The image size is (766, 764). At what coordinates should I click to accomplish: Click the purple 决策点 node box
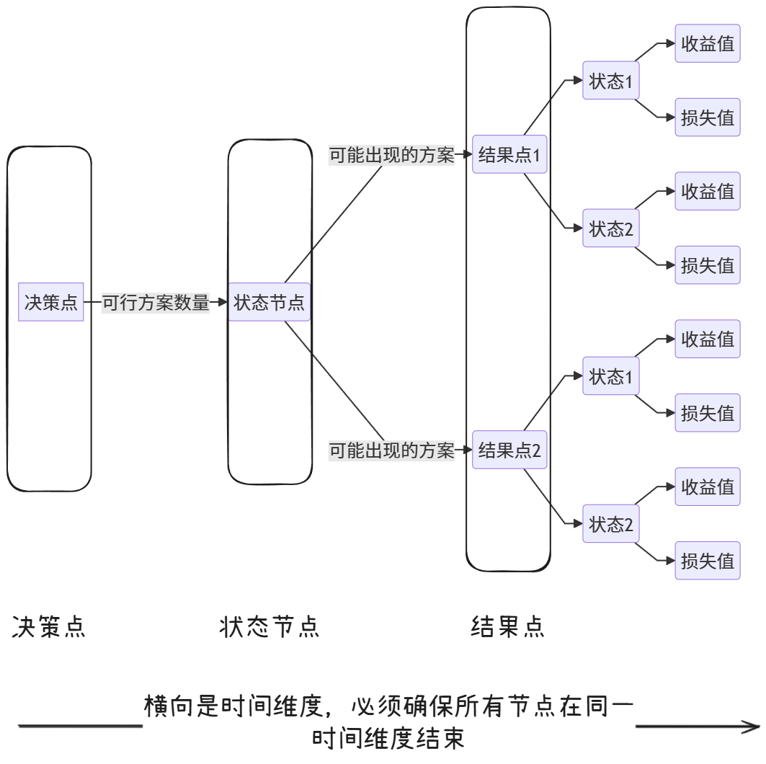pyautogui.click(x=50, y=303)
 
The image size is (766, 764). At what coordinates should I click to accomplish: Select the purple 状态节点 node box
pyautogui.click(x=270, y=303)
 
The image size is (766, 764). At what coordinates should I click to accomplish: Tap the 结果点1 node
pyautogui.click(x=509, y=154)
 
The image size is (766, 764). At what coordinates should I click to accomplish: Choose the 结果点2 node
pyautogui.click(x=509, y=450)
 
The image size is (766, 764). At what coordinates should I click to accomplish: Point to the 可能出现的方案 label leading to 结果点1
pyautogui.click(x=392, y=154)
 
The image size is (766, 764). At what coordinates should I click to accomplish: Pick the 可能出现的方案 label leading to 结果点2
pyautogui.click(x=392, y=450)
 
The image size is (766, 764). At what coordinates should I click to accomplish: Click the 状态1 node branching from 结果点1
pyautogui.click(x=611, y=81)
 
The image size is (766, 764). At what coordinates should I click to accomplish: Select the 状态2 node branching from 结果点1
pyautogui.click(x=611, y=229)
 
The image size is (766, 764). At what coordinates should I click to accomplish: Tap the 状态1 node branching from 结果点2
pyautogui.click(x=611, y=376)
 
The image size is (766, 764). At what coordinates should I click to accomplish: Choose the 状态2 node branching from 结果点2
pyautogui.click(x=611, y=524)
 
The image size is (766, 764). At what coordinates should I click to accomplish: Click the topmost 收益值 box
pyautogui.click(x=707, y=44)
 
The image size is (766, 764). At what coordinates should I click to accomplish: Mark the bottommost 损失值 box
pyautogui.click(x=707, y=560)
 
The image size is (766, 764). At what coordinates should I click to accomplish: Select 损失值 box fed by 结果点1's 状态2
pyautogui.click(x=707, y=265)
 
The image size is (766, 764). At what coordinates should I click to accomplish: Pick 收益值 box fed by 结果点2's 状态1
pyautogui.click(x=707, y=339)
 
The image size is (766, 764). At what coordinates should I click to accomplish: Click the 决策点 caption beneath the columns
pyautogui.click(x=49, y=627)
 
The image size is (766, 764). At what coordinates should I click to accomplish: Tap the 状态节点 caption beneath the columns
pyautogui.click(x=269, y=627)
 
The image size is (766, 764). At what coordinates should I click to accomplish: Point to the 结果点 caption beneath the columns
pyautogui.click(x=507, y=627)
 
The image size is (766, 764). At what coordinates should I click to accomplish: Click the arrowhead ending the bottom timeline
pyautogui.click(x=754, y=727)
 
